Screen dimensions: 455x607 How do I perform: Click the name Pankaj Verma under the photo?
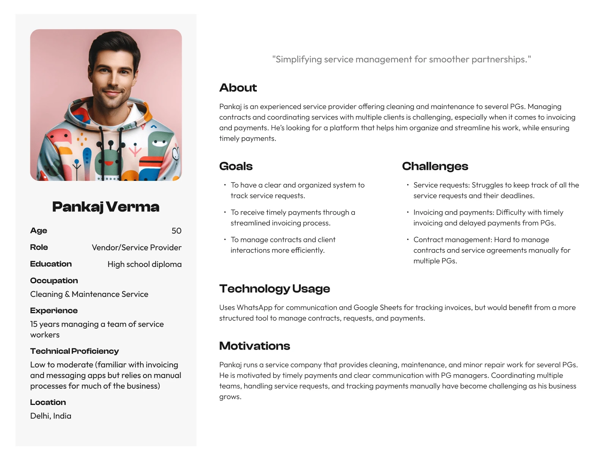point(105,207)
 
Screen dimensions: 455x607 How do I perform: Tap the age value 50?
point(176,231)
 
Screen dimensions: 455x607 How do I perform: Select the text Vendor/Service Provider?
point(137,248)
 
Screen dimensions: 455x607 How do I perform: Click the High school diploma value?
point(145,264)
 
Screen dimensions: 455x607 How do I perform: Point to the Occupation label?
point(54,281)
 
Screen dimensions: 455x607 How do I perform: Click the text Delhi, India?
point(51,416)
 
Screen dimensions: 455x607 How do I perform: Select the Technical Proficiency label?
point(74,351)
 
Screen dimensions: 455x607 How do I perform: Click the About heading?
point(238,88)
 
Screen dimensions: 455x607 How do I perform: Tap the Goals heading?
point(236,166)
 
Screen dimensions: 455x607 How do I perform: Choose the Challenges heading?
point(435,166)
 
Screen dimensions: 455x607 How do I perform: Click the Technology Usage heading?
point(274,289)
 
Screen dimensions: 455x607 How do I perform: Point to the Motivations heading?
point(254,346)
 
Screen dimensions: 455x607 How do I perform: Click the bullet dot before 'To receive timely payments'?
point(225,212)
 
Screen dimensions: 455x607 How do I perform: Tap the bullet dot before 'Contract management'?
point(408,240)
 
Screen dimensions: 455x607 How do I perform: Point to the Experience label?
point(54,311)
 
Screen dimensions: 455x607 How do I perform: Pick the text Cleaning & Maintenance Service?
point(89,294)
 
